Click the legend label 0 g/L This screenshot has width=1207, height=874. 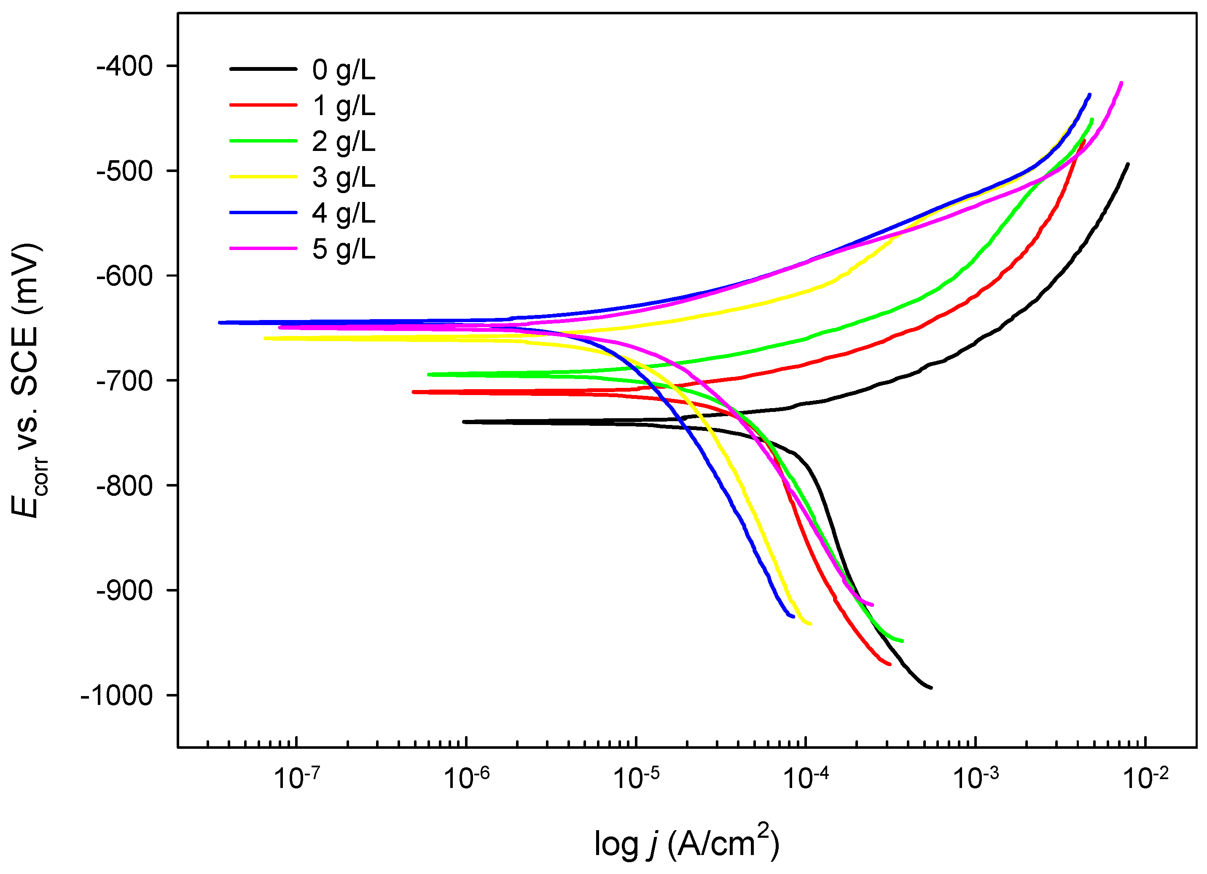343,70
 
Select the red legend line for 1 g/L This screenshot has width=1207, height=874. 263,105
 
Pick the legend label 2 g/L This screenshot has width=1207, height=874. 343,141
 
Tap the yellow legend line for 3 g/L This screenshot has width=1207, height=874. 263,177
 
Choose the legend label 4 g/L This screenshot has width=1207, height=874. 343,213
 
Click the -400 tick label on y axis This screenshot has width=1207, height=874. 124,67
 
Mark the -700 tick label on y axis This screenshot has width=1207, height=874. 124,381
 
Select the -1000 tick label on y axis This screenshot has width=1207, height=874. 116,696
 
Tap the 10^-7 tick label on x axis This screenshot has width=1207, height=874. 296,778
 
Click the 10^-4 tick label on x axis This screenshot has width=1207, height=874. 806,778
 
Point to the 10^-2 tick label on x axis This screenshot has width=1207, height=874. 1145,778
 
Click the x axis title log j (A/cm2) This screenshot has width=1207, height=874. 686,843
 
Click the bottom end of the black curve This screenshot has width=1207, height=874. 931,688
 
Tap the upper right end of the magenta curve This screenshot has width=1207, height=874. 1121,83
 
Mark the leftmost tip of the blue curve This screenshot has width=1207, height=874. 220,323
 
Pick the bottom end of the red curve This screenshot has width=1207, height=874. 890,664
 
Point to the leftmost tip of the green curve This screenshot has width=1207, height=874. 429,374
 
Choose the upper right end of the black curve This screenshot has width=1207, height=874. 1128,164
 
